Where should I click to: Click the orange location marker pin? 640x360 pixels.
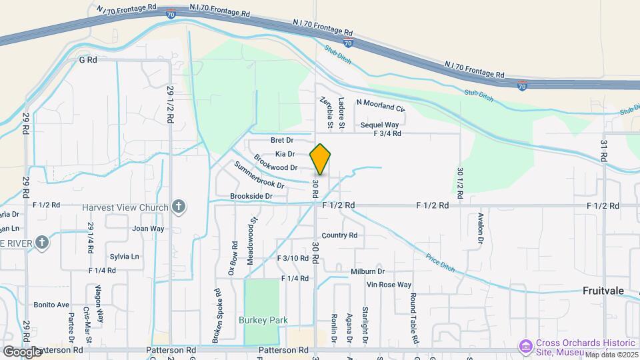coord(321,159)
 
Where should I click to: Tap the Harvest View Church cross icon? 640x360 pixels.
coord(178,207)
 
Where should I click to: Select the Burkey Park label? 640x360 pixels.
coord(263,320)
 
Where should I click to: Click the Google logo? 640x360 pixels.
coord(21,351)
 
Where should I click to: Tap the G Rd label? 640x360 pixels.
coord(88,59)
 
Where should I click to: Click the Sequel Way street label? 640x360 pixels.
coord(379,125)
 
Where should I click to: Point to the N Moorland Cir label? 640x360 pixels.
coord(381,103)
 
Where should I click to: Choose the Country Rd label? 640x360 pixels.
coord(339,235)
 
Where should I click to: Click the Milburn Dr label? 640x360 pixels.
coord(368,271)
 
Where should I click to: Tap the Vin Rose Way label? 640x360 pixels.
coord(389,285)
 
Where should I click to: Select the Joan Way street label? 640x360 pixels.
coord(148,228)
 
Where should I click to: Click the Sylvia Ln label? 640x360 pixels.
coord(125,256)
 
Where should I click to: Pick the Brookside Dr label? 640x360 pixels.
coord(251,196)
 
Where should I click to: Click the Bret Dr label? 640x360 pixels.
coord(282,140)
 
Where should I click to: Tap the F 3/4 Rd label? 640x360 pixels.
coord(387,133)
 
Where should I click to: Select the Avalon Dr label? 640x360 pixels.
coord(481,228)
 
